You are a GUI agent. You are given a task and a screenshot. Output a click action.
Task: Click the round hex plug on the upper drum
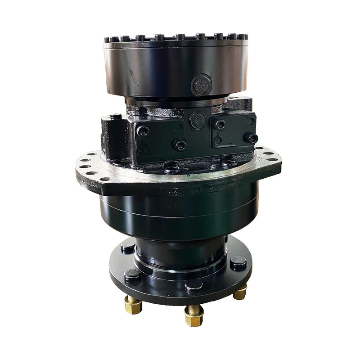201,84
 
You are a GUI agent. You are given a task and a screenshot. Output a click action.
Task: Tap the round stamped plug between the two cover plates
197,120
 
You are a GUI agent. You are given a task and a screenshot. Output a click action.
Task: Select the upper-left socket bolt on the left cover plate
143,130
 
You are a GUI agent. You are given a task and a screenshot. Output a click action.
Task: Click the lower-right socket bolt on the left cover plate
180,145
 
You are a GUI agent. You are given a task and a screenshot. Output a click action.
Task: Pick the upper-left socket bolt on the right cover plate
220,125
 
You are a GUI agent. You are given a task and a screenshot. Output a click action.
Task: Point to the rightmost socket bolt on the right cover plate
253,138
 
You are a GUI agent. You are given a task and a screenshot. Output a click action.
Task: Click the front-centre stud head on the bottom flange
193,286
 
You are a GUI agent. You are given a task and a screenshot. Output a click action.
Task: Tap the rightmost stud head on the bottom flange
238,262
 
